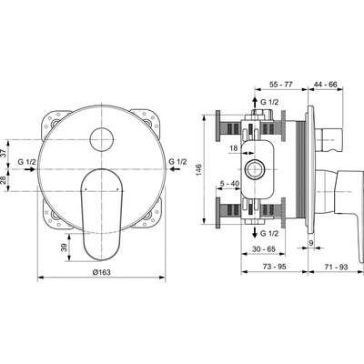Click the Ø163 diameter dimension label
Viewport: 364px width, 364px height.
point(101,272)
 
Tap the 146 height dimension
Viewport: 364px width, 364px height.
point(198,171)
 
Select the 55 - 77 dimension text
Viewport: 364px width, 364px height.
point(280,85)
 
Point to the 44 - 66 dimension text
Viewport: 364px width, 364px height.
point(325,85)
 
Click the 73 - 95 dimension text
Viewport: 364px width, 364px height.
point(274,267)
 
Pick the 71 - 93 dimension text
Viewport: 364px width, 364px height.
point(336,267)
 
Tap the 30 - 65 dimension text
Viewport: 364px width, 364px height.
point(264,249)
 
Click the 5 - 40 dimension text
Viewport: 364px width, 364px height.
point(229,183)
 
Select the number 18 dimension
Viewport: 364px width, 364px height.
point(234,148)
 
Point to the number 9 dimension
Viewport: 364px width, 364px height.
point(310,242)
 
